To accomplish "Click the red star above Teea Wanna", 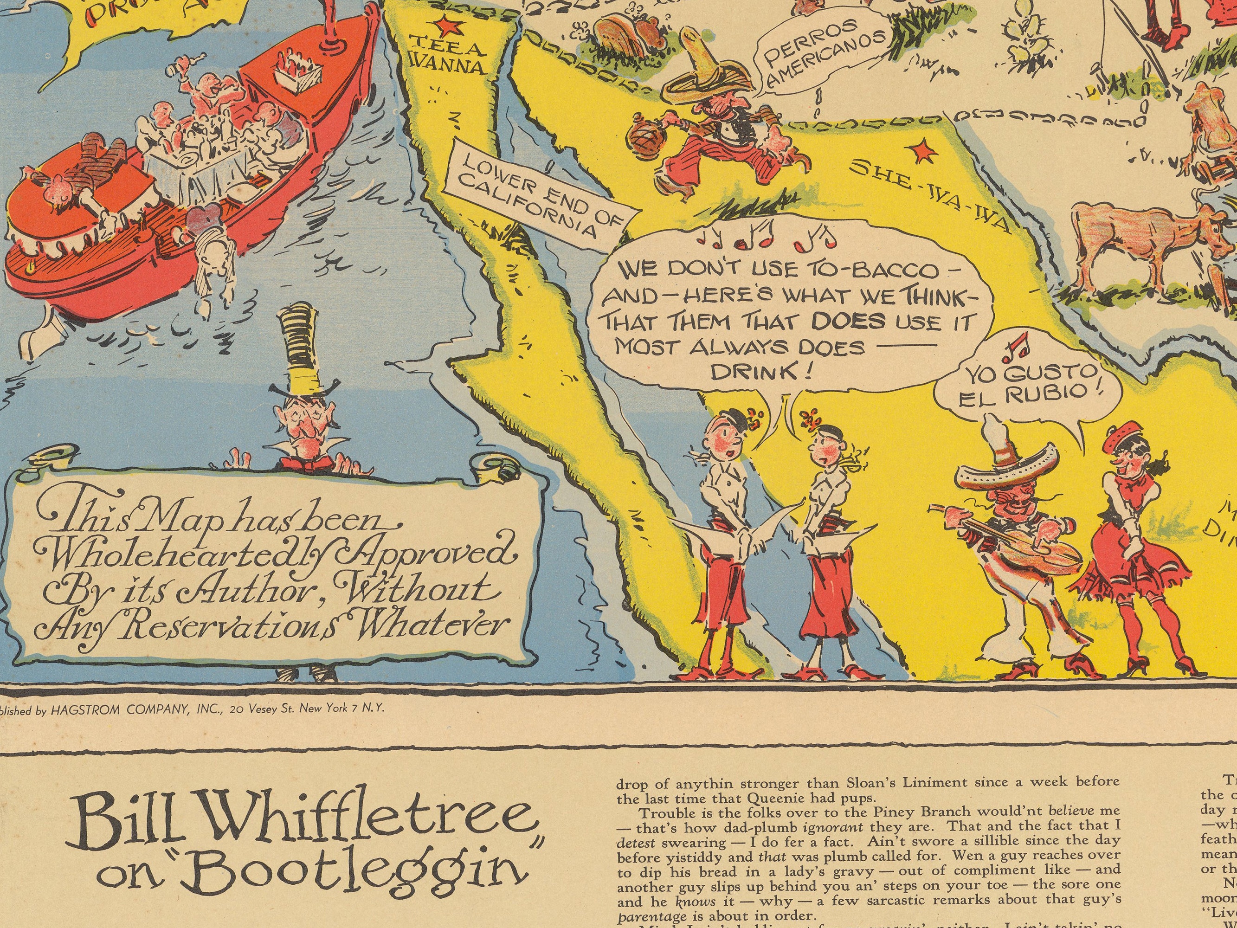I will pos(446,25).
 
